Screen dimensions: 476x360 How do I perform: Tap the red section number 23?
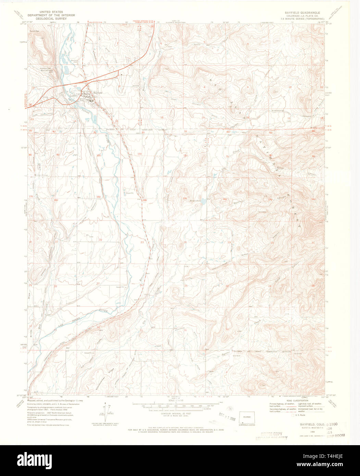click(x=142, y=242)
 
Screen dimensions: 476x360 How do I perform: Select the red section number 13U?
click(x=185, y=198)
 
